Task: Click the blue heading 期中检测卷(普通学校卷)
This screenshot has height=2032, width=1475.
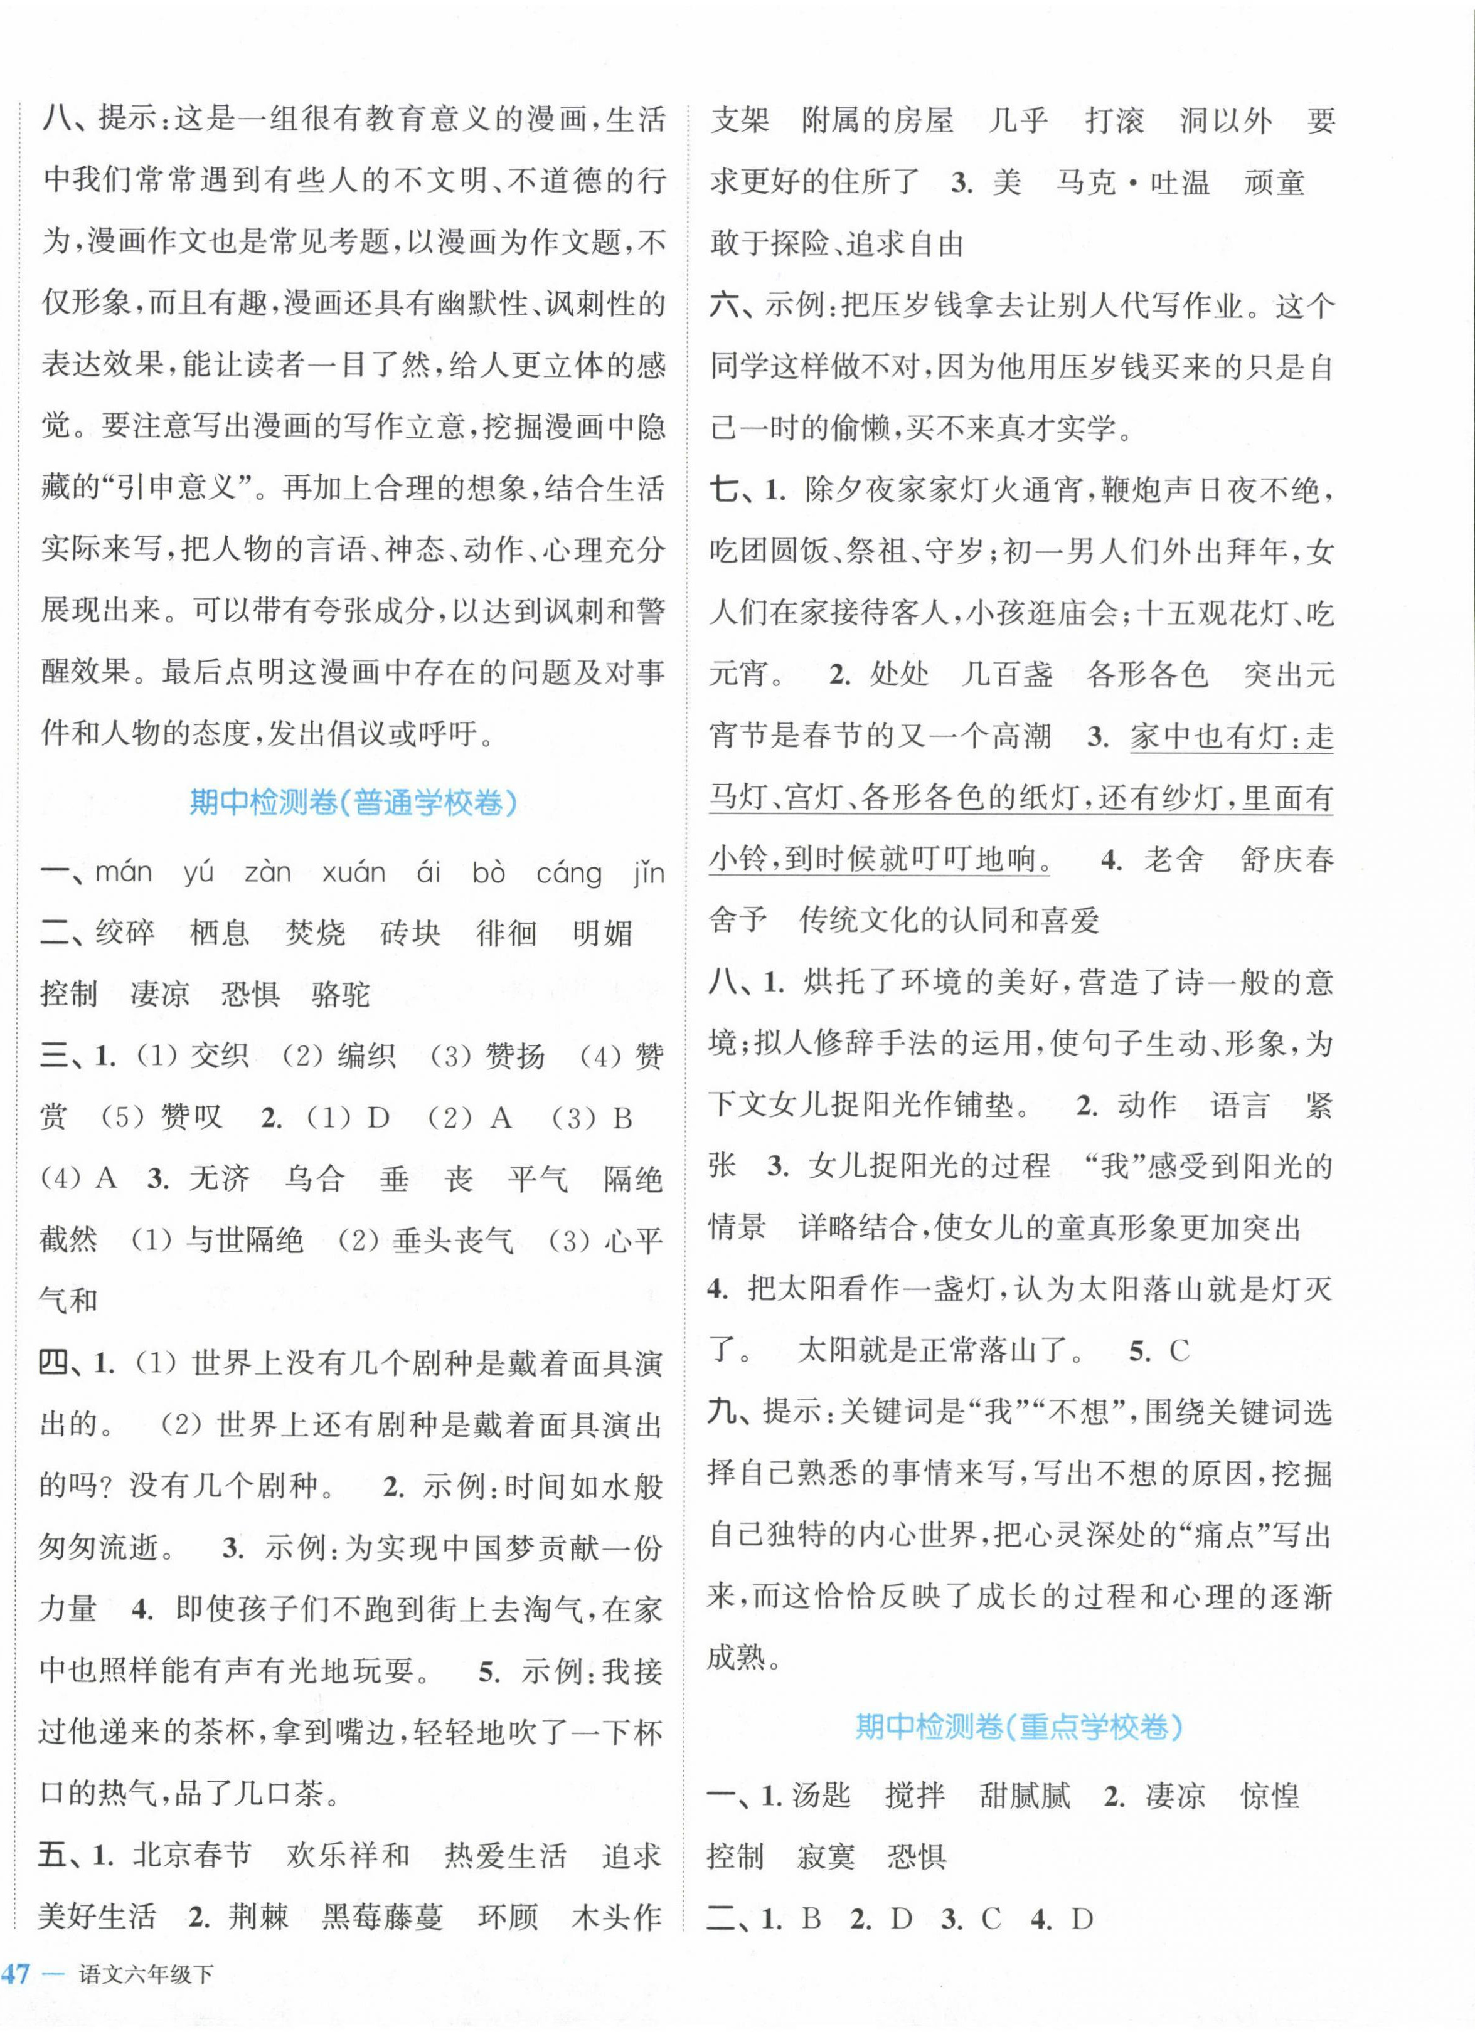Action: pyautogui.click(x=353, y=802)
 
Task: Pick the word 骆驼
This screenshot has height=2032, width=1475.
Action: pyautogui.click(x=341, y=995)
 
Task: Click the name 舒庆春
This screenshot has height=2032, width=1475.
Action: pyautogui.click(x=1287, y=860)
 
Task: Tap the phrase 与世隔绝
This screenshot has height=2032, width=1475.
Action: pyautogui.click(x=245, y=1240)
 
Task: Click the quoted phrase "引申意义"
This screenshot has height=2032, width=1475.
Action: pyautogui.click(x=194, y=487)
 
